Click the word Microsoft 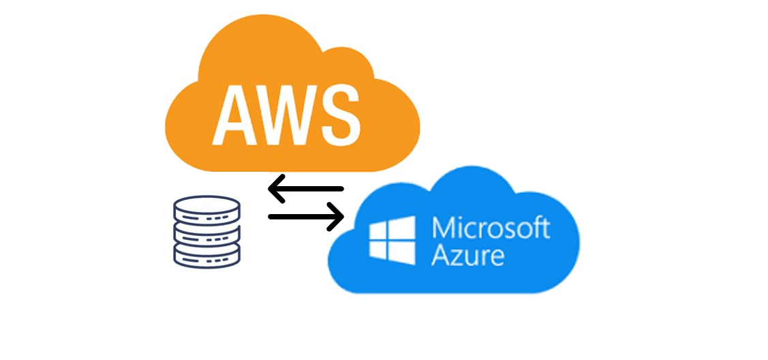point(491,228)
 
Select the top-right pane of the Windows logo point(405,226)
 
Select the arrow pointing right point(305,217)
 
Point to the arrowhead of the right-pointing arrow point(337,217)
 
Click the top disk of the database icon point(207,207)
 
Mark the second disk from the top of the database point(207,224)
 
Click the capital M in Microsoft point(444,228)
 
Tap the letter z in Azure point(458,257)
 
